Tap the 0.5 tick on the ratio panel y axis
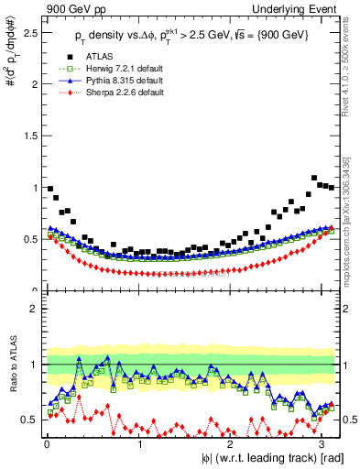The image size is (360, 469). (x=30, y=420)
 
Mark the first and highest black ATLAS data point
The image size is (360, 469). (x=49, y=188)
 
